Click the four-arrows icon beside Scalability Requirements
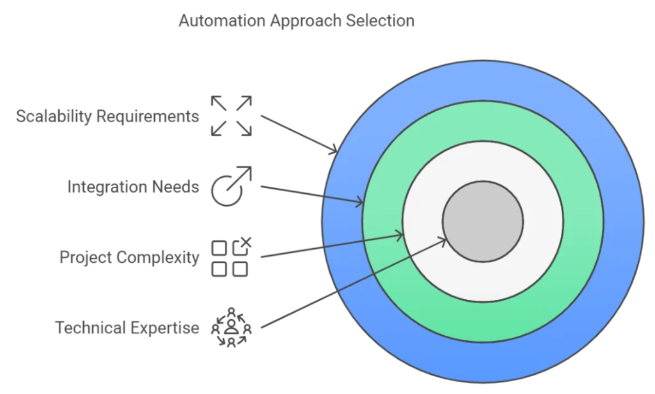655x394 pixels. [233, 114]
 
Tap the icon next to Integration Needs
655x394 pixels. [232, 186]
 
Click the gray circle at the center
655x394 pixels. [483, 221]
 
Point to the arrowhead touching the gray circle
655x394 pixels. [441, 240]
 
